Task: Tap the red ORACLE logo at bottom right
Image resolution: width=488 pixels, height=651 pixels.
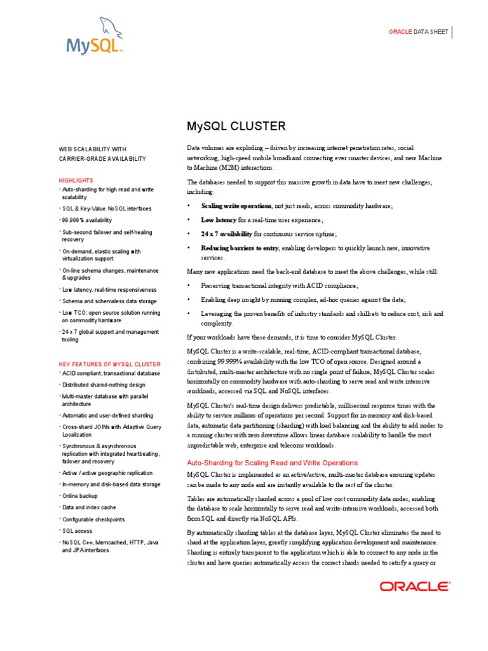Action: point(415,586)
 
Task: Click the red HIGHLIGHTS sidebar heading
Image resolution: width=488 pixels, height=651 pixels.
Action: point(76,180)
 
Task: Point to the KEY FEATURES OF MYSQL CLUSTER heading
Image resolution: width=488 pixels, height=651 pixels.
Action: point(109,364)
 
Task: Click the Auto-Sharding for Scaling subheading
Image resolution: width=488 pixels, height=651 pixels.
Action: point(272,462)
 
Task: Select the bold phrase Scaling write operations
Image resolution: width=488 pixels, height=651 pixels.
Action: point(237,206)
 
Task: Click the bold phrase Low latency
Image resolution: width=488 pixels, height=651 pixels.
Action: point(219,219)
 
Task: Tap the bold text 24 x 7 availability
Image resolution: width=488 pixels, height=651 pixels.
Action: point(227,234)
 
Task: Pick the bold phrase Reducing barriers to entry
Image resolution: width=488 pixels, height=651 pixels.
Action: point(240,248)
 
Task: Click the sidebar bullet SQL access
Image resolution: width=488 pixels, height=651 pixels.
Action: point(77,531)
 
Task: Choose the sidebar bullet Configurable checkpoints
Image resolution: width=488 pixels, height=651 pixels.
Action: point(94,519)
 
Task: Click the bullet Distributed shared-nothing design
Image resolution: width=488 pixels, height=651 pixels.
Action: point(104,385)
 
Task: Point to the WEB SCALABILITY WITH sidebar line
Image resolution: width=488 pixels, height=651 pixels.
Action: point(93,148)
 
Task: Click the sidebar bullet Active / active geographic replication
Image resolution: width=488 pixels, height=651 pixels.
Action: point(107,473)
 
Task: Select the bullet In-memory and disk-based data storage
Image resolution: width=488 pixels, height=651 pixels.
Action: point(111,484)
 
